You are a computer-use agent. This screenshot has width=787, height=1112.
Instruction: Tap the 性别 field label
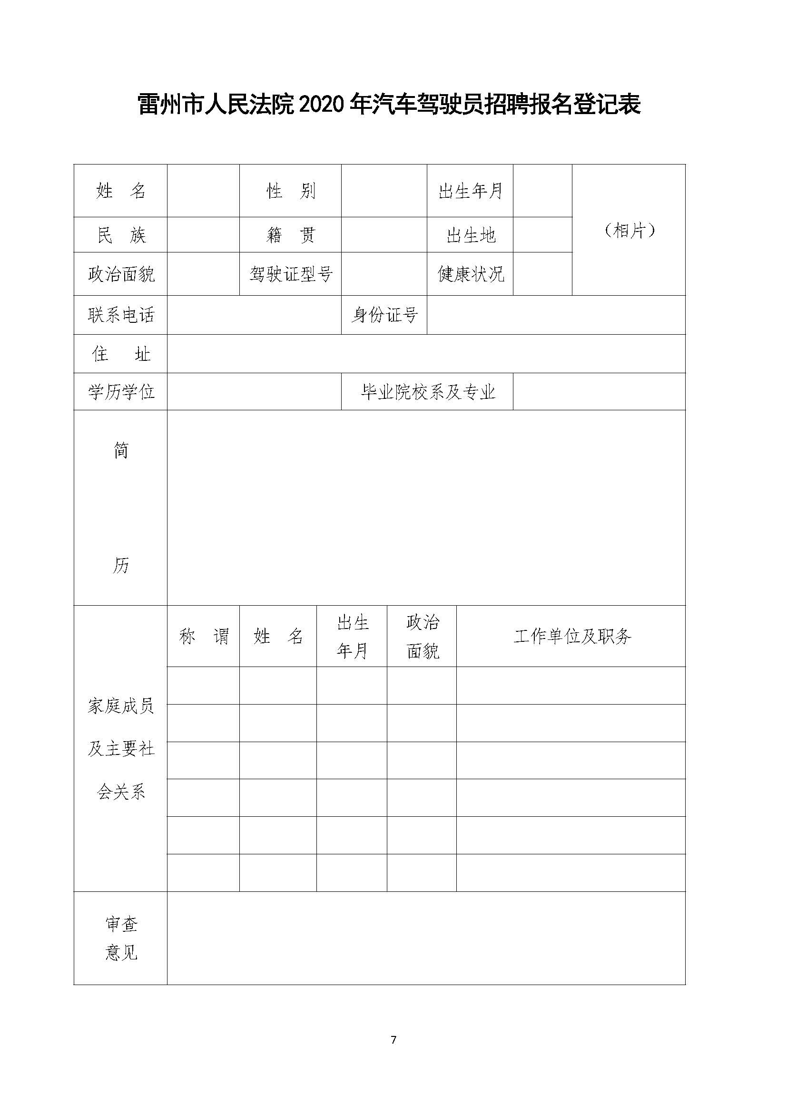pyautogui.click(x=290, y=191)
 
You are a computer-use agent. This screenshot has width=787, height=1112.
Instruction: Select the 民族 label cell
pyautogui.click(x=121, y=235)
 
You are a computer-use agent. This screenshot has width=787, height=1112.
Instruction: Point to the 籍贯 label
pyautogui.click(x=290, y=235)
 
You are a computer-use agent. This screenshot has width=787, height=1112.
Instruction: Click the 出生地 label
pyautogui.click(x=470, y=235)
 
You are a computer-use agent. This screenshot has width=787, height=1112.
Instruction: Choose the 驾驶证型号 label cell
pyautogui.click(x=290, y=274)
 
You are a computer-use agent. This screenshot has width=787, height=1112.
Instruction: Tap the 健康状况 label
pyautogui.click(x=470, y=274)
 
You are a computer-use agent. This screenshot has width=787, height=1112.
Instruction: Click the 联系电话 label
pyautogui.click(x=121, y=315)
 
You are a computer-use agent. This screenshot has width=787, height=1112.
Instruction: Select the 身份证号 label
pyautogui.click(x=384, y=315)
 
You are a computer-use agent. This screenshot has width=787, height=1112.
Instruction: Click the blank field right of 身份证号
pyautogui.click(x=556, y=315)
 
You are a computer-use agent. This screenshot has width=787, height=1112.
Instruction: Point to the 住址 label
pyautogui.click(x=121, y=354)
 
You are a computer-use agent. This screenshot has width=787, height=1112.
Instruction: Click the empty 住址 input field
pyautogui.click(x=426, y=354)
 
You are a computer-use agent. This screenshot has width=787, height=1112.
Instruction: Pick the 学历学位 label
pyautogui.click(x=121, y=392)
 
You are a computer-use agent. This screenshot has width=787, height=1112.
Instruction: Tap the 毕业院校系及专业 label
pyautogui.click(x=427, y=392)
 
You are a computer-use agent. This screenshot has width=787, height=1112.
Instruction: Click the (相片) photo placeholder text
pyautogui.click(x=629, y=231)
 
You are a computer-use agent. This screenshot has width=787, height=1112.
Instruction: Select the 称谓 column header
pyautogui.click(x=204, y=636)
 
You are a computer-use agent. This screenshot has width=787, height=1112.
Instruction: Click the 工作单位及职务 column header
pyautogui.click(x=571, y=636)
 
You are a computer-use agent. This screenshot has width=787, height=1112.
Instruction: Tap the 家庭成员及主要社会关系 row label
pyautogui.click(x=121, y=749)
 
